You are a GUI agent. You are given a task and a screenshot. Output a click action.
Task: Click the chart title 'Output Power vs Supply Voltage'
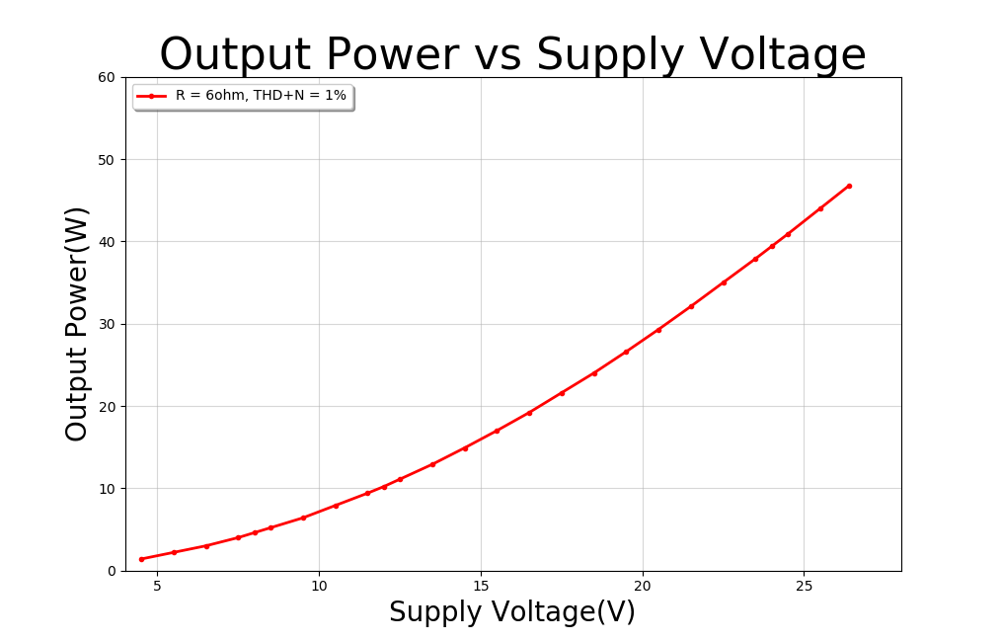coord(512,54)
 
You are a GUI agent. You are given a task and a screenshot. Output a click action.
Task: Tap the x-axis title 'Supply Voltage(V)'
coord(511,612)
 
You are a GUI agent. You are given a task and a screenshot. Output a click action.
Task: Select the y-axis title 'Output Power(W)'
coord(77,323)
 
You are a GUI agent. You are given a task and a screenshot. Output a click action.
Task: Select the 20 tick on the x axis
coord(643,586)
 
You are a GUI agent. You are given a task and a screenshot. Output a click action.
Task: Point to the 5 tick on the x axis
coord(158,586)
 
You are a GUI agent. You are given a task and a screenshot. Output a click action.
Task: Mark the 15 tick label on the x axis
coord(481,586)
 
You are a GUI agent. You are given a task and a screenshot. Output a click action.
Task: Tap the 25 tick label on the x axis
coord(804,586)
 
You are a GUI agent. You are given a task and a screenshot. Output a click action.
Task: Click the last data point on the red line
coord(849,186)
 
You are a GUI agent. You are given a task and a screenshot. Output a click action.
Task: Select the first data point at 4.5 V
coord(141,559)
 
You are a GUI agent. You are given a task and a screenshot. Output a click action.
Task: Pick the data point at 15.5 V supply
coord(497,431)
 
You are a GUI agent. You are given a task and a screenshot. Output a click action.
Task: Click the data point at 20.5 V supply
coord(658,330)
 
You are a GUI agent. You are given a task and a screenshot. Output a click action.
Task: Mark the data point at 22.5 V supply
coord(724,282)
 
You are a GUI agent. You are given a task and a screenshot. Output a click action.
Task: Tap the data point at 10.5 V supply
coord(336,506)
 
